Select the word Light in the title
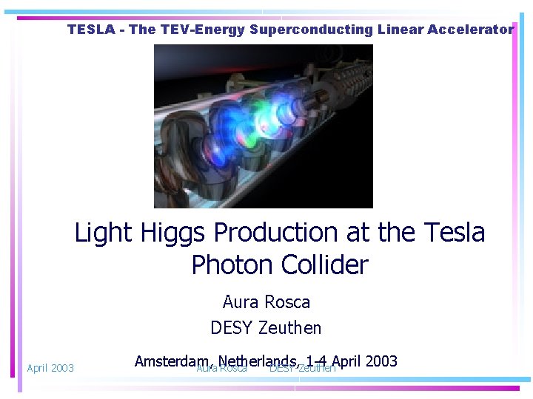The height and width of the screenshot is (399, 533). pos(103,233)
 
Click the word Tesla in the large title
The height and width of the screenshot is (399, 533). pos(455,233)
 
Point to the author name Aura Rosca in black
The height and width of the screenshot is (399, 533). pos(266,302)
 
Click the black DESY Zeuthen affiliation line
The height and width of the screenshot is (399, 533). pos(266,327)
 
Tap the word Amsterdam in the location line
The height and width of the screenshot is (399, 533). pos(171,361)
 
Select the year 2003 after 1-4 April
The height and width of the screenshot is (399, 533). pos(381,361)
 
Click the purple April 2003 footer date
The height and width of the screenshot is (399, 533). pos(50,368)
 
